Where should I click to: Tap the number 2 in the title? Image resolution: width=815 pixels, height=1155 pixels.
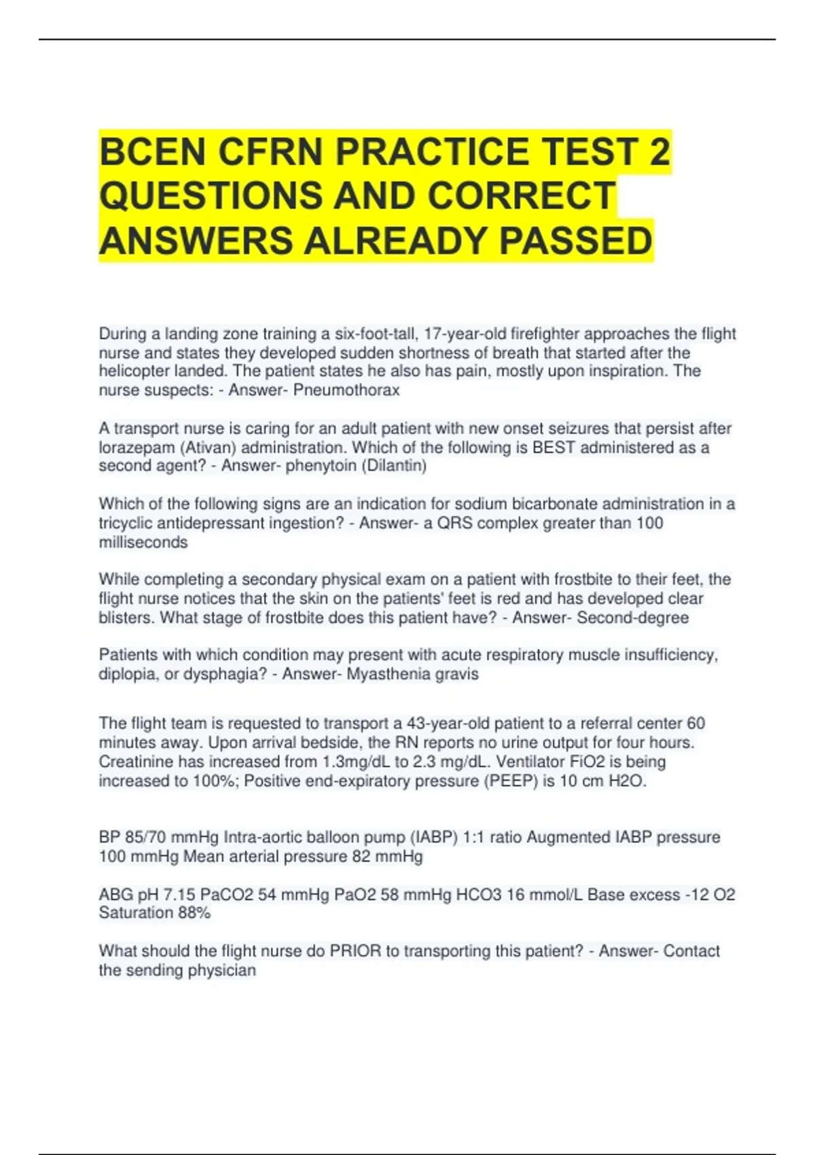[x=659, y=151]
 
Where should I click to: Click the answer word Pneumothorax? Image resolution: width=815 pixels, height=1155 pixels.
[x=346, y=390]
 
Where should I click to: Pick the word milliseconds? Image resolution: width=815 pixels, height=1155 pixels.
[x=143, y=542]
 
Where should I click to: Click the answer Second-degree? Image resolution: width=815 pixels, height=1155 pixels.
[x=633, y=618]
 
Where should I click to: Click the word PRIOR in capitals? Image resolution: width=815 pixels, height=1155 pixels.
[x=356, y=951]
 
